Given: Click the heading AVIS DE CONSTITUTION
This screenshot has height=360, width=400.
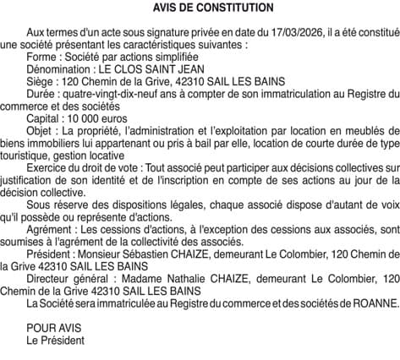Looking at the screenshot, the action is [x=201, y=8].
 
